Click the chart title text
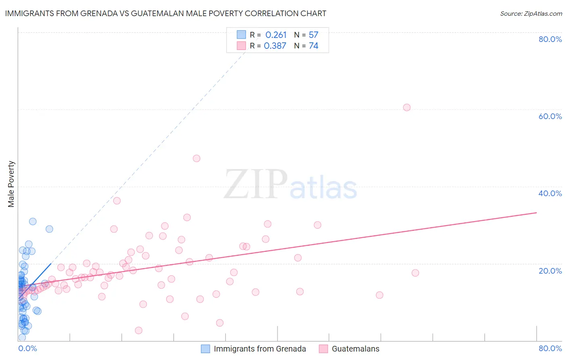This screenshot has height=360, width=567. pyautogui.click(x=165, y=13)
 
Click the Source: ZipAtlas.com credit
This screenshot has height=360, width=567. pyautogui.click(x=531, y=13)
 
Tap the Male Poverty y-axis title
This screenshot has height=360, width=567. pyautogui.click(x=11, y=184)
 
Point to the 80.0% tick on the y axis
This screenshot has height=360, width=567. pyautogui.click(x=550, y=39)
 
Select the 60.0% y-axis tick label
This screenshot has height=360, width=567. pyautogui.click(x=550, y=116)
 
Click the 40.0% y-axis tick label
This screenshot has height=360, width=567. pyautogui.click(x=550, y=193)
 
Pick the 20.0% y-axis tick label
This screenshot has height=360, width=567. pyautogui.click(x=550, y=270)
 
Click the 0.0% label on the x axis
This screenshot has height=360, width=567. pyautogui.click(x=27, y=348)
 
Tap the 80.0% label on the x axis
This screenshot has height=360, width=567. pyautogui.click(x=550, y=348)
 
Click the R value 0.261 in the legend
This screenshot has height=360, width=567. pyautogui.click(x=276, y=35)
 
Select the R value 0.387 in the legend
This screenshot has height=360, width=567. pyautogui.click(x=275, y=46)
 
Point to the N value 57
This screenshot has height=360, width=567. pyautogui.click(x=313, y=35)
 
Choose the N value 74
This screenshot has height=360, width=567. pyautogui.click(x=313, y=46)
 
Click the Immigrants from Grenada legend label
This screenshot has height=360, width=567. pyautogui.click(x=260, y=349)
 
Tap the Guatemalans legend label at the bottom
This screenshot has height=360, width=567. pyautogui.click(x=355, y=349)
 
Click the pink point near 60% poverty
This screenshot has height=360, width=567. pyautogui.click(x=406, y=107)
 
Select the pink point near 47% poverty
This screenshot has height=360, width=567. pyautogui.click(x=196, y=158)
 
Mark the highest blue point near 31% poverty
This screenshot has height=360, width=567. pyautogui.click(x=33, y=221)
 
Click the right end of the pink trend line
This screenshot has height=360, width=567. pyautogui.click(x=536, y=212)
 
